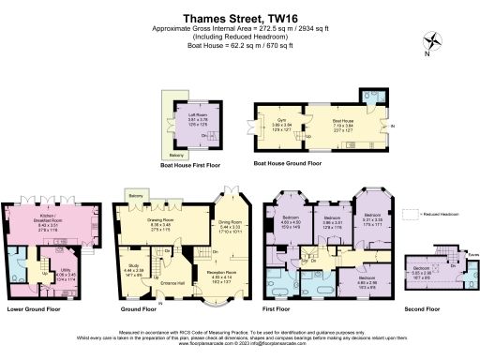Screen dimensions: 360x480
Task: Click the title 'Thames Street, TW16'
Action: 239,16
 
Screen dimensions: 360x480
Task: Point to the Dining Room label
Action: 231,225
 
